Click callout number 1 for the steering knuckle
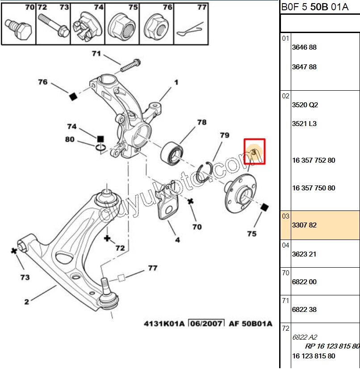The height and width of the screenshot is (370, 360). (176, 82)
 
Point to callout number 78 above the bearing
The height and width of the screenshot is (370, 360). (202, 122)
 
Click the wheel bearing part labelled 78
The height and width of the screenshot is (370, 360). (171, 152)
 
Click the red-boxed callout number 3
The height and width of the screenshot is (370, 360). (254, 151)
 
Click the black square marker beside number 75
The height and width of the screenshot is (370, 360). (264, 207)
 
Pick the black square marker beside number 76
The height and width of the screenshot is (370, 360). (73, 97)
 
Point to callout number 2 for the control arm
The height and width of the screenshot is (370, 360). (26, 302)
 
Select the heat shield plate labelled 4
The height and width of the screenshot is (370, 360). (167, 206)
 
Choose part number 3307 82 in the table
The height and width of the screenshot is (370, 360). (304, 225)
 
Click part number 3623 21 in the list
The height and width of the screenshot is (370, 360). (304, 254)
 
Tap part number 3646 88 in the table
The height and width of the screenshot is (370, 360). (304, 47)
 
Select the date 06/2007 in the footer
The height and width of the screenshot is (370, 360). (206, 323)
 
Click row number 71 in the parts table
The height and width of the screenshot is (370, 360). (285, 301)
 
